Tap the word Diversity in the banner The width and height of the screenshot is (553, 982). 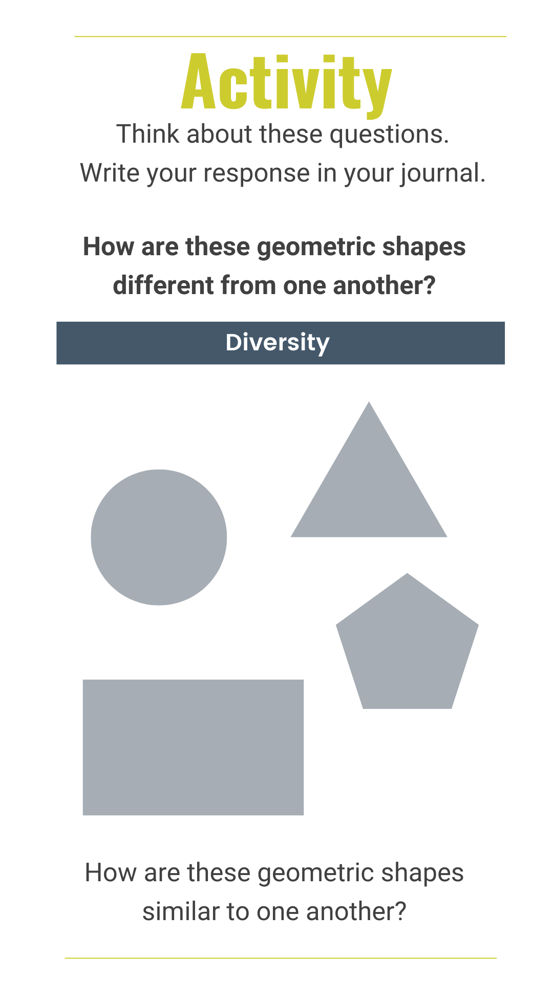[x=278, y=343]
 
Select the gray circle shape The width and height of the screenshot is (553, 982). [x=159, y=537]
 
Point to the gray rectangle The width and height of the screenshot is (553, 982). [x=193, y=747]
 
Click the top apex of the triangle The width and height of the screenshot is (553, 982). [x=369, y=402]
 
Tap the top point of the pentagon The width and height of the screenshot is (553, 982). [x=407, y=573]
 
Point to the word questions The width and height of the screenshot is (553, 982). [x=389, y=135]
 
